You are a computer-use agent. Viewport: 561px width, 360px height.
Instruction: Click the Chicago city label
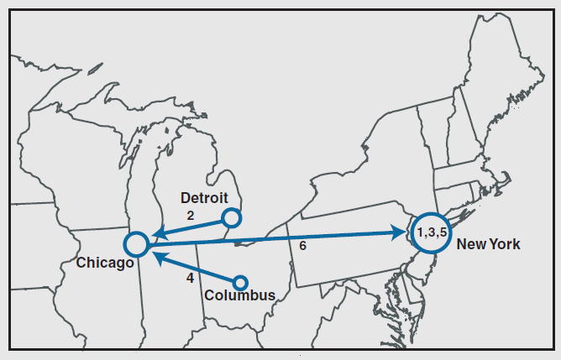tap(105, 263)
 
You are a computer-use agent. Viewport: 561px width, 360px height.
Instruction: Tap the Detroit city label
tap(204, 198)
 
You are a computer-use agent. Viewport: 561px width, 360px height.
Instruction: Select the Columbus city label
tap(239, 295)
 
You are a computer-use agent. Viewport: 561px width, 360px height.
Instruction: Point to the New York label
tap(488, 244)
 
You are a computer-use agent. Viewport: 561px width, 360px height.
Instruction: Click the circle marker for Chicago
tap(135, 244)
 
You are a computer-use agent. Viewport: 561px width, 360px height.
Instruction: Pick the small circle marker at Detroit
tap(233, 218)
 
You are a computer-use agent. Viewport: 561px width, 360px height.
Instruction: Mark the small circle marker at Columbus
tap(240, 282)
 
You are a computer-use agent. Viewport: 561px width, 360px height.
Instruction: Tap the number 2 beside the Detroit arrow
tap(191, 216)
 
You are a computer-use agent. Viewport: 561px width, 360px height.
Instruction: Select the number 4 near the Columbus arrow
tap(190, 277)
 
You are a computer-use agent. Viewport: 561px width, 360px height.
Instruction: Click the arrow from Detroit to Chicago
tap(191, 227)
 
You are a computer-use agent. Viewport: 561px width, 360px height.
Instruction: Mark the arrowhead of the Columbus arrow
tap(156, 254)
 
